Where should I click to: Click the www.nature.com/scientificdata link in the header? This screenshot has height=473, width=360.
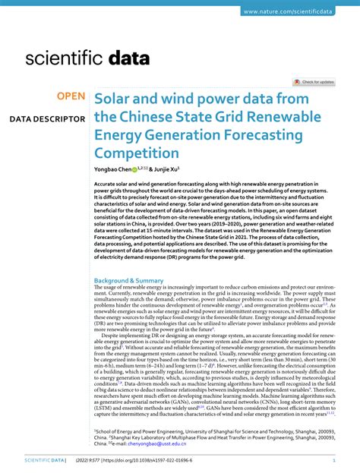298,11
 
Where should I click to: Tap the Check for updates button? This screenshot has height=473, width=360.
314,82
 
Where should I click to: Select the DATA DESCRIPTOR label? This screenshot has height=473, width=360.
47,119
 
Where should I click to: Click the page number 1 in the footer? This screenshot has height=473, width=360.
334,460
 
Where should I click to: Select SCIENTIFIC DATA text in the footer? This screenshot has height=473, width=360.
44,460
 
